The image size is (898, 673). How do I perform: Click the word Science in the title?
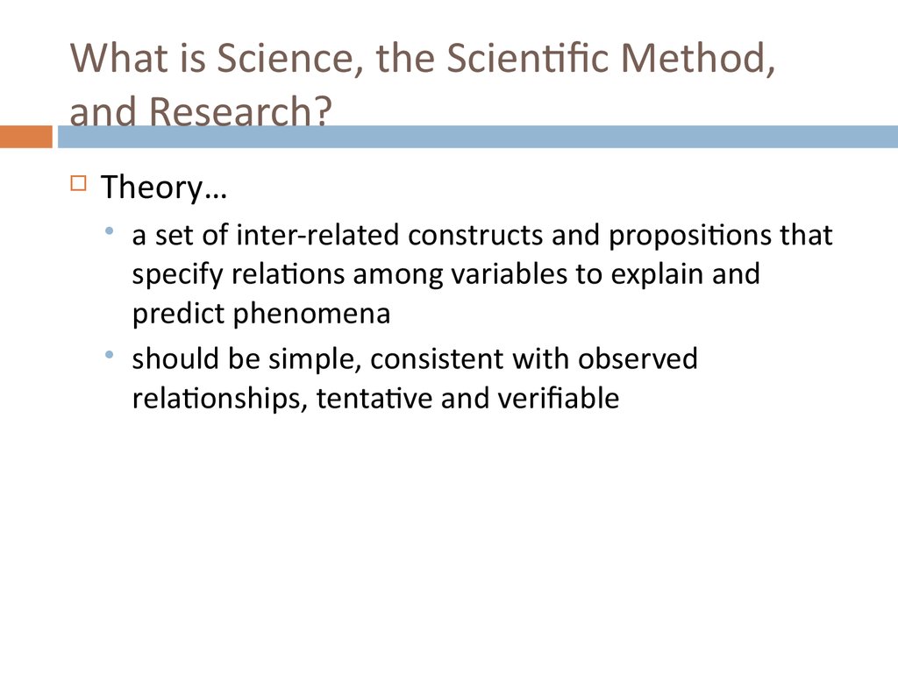pos(290,59)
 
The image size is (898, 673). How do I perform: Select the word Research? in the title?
pos(240,110)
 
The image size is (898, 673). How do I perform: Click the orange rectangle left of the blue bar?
pos(25,137)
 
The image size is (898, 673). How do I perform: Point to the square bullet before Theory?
pos(78,183)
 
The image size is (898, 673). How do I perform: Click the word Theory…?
pos(164,188)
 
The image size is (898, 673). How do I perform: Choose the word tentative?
pos(374,399)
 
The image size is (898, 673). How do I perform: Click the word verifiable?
pos(559,398)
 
